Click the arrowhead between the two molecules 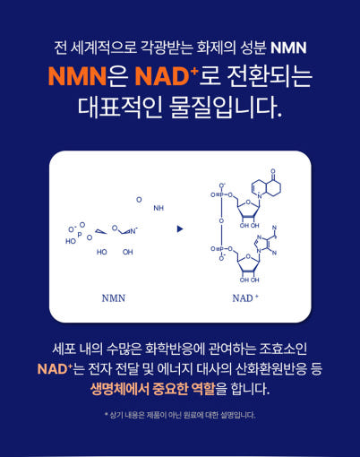180,229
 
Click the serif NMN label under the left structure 114,298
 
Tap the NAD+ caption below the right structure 245,297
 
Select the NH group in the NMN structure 159,208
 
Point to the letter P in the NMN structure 80,235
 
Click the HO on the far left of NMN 71,241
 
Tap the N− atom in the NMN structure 133,231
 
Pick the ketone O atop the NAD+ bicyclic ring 273,171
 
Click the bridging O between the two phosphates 221,221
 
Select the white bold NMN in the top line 288,47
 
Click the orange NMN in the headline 77,76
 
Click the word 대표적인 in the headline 120,107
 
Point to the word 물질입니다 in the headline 226,107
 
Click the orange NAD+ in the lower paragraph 55,369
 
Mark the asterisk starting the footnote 106,414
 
